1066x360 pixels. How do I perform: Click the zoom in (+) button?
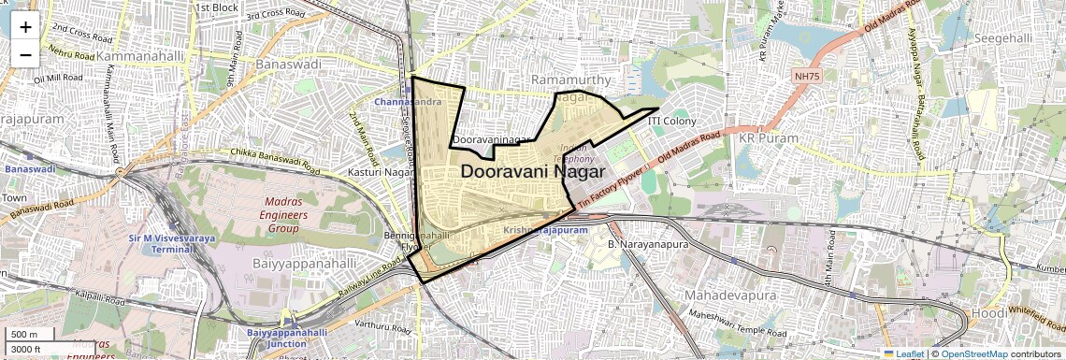(x=25, y=26)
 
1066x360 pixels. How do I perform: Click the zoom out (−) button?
(x=25, y=54)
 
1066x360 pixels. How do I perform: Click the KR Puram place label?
(x=769, y=137)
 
